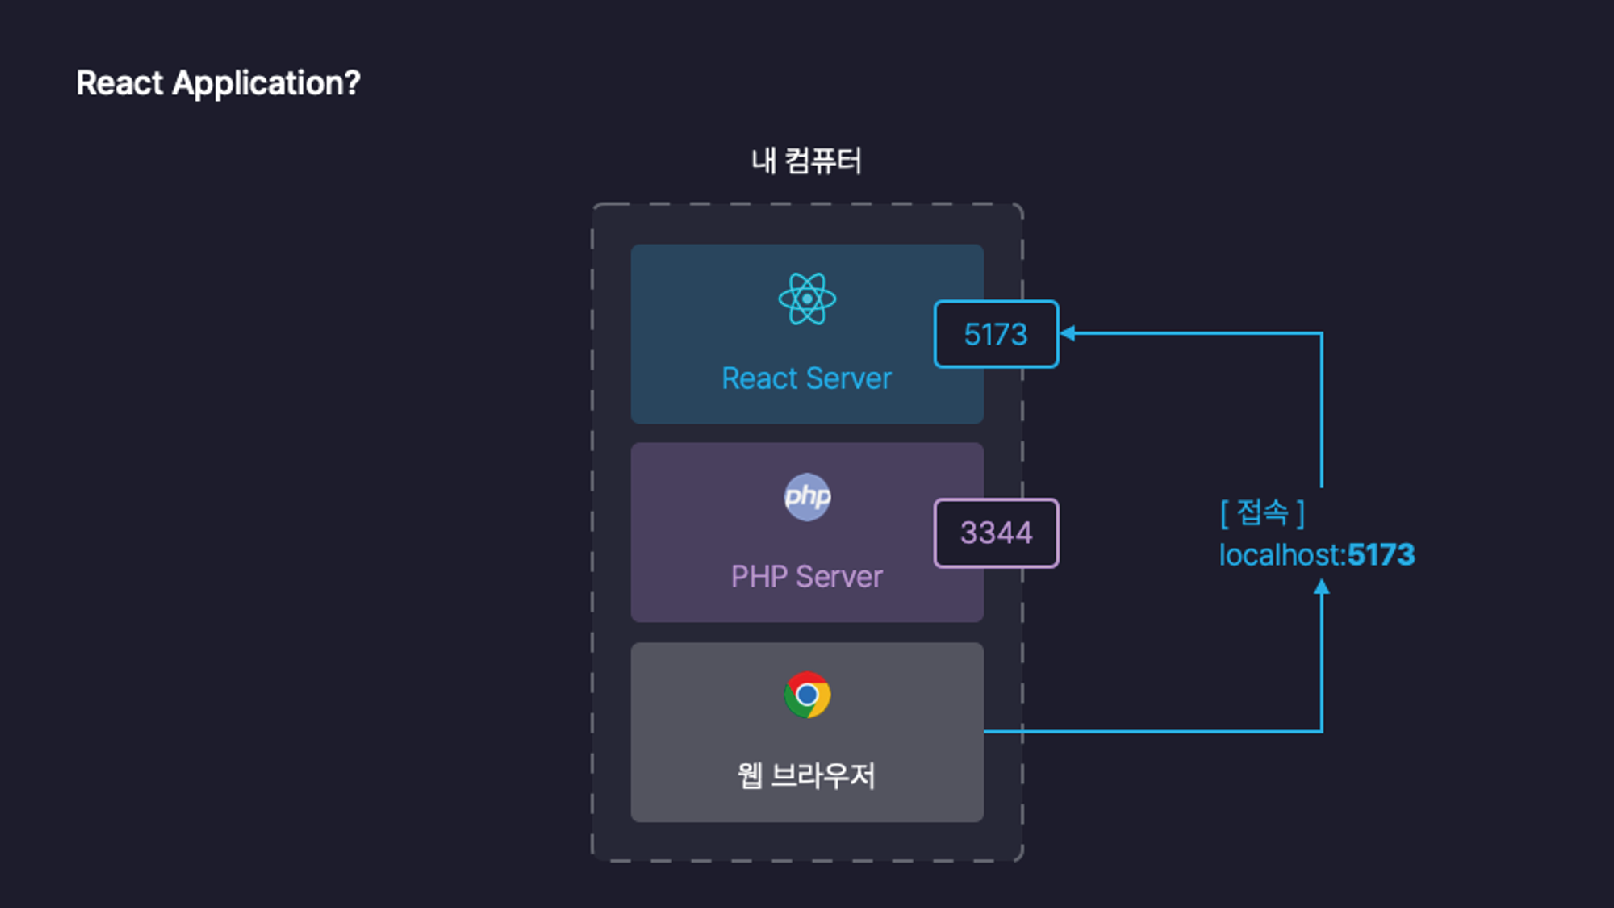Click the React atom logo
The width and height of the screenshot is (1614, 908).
807,299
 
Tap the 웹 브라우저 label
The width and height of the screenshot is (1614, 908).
806,776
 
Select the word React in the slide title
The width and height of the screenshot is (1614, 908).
120,83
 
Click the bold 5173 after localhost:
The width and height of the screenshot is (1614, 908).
1382,554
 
